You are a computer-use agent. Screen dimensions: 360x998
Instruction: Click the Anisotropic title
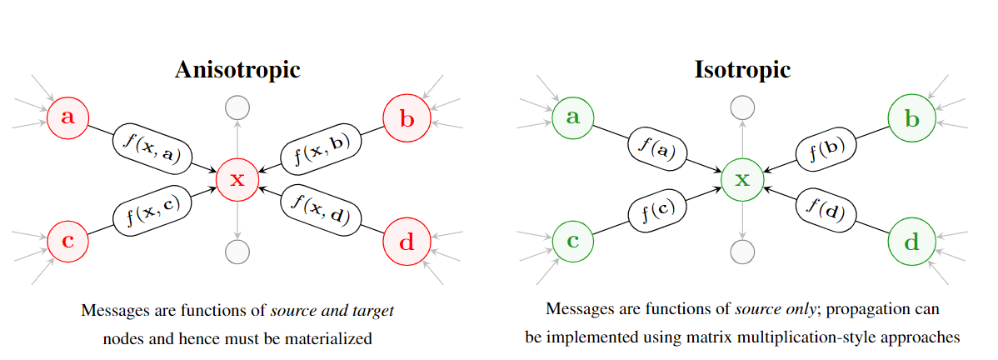tap(237, 69)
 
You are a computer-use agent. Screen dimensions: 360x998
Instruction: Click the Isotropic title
tap(742, 69)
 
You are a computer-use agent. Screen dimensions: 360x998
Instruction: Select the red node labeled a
tap(68, 117)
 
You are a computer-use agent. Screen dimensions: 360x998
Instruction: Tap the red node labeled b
tap(407, 118)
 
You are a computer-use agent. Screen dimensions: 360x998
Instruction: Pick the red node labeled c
tap(68, 242)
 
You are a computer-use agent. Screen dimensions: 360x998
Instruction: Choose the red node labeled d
tap(407, 243)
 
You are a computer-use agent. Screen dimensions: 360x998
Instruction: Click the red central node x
tap(237, 179)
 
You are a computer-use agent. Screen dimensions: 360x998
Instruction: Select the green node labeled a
tap(573, 117)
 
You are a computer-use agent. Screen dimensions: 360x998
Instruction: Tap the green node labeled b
tap(912, 118)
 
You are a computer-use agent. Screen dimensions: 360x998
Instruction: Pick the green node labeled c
tap(573, 242)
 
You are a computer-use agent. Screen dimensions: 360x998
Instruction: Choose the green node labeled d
tap(912, 243)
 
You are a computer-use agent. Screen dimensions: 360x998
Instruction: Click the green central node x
tap(742, 179)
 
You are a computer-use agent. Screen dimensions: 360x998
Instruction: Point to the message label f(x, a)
tap(152, 148)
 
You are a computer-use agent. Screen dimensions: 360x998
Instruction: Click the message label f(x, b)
tap(322, 148)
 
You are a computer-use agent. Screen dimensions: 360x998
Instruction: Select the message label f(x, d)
tap(322, 209)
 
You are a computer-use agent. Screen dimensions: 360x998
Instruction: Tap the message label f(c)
tap(657, 210)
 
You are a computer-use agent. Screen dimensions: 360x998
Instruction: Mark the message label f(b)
tap(826, 148)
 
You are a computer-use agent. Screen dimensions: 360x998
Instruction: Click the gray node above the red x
tap(237, 107)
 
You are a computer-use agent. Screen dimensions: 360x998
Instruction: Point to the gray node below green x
tap(742, 251)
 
